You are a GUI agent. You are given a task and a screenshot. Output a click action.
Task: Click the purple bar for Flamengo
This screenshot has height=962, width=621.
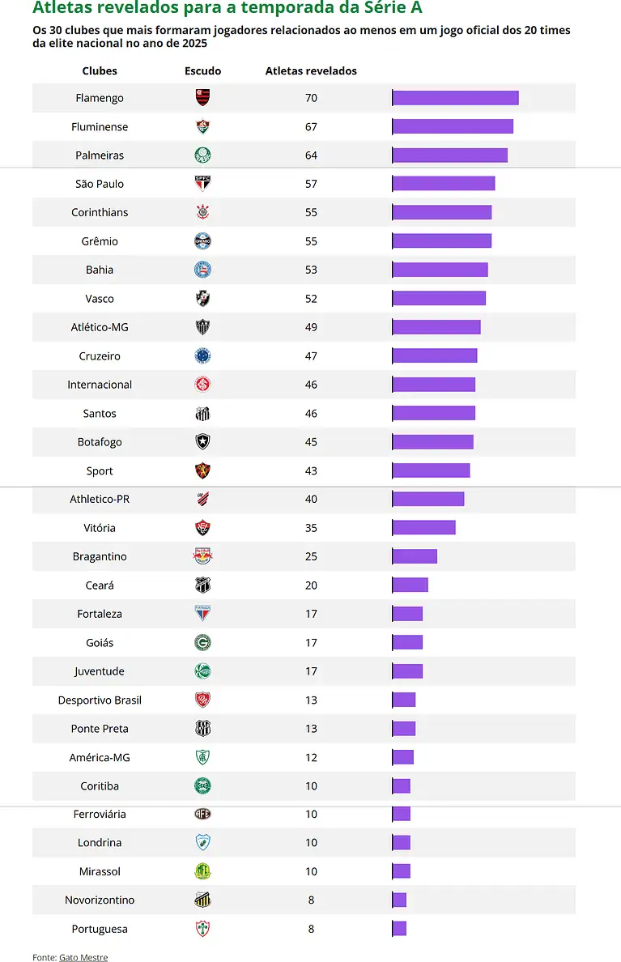455,98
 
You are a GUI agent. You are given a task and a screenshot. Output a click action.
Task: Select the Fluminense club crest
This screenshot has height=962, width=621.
202,126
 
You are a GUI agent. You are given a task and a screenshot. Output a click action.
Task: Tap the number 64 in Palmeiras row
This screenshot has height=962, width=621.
311,155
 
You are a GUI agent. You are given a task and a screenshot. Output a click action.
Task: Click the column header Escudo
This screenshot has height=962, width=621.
202,71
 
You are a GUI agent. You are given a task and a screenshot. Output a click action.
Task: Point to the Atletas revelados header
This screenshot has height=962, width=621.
311,71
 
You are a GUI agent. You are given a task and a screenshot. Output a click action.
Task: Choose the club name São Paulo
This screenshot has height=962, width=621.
100,184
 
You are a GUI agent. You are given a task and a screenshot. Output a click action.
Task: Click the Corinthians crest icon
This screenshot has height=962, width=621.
202,212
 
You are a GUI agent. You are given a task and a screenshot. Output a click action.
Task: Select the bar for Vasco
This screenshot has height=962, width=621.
439,299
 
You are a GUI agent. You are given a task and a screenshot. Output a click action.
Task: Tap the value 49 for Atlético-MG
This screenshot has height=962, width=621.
311,327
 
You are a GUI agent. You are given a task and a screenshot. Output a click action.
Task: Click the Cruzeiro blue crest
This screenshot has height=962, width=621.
202,355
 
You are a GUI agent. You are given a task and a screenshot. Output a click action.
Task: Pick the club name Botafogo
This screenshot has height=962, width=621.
100,442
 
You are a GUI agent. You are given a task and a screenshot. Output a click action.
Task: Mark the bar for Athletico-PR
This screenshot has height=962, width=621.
428,499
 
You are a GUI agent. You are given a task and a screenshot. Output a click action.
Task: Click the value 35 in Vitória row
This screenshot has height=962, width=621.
311,528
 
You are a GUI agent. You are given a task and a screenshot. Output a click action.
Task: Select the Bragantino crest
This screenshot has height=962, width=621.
202,556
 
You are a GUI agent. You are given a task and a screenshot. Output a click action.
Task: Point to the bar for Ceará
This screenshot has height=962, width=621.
410,585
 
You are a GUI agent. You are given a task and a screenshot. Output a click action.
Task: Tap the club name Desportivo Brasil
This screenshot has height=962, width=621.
100,700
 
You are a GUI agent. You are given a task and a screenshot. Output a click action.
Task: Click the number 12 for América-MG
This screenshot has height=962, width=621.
311,757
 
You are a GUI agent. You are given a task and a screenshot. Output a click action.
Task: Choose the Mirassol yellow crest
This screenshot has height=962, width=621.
202,871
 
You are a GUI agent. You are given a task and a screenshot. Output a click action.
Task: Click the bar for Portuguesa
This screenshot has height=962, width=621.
399,929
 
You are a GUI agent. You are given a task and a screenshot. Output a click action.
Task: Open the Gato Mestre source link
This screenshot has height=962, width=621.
83,957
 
